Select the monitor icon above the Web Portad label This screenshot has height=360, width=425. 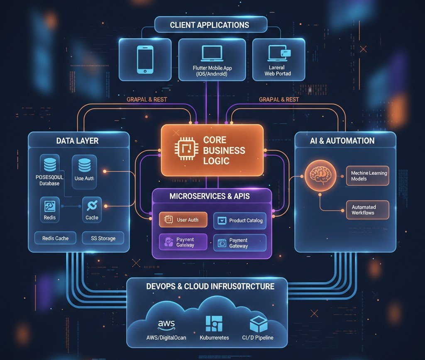278,54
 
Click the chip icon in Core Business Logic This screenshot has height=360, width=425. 183,150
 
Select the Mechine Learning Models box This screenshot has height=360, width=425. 367,176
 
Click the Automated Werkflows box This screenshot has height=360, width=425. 367,210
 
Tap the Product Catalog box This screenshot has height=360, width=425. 240,221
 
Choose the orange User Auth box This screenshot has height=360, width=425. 183,220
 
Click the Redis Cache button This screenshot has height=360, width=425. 56,238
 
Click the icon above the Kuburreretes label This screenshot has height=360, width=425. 214,324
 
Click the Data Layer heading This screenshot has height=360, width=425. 77,141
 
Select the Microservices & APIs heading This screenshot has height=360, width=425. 210,196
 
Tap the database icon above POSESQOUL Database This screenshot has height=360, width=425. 50,163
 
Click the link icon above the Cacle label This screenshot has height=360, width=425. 92,205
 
